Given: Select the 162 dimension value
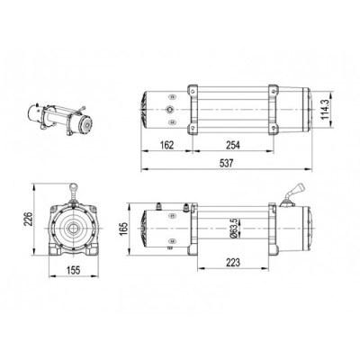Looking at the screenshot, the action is tap(166, 145).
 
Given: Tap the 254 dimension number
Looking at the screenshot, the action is tap(233, 145).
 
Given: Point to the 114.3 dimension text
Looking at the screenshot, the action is tap(325, 110).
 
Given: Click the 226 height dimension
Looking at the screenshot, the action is tap(28, 220).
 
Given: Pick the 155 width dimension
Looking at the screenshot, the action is tap(74, 270).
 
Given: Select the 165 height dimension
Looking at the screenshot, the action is tap(124, 229).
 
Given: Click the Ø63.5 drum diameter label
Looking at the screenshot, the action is tap(235, 229).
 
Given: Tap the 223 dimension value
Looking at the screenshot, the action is tap(233, 263).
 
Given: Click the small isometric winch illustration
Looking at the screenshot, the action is tap(60, 119).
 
